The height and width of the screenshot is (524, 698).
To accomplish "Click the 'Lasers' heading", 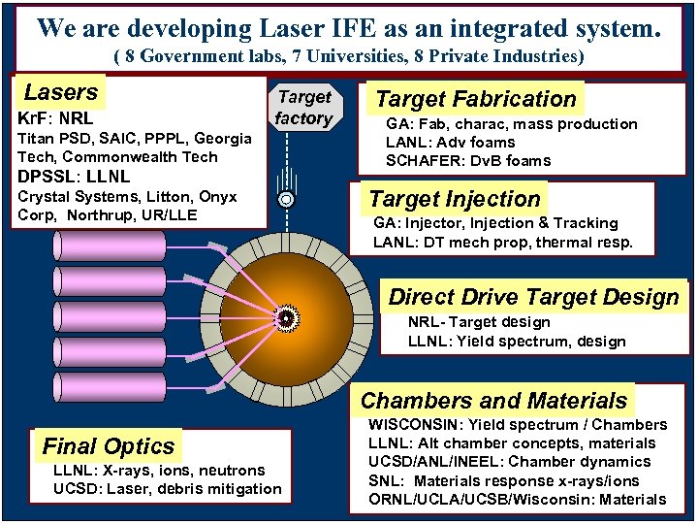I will (61, 93).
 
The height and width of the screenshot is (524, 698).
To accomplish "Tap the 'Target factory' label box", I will (303, 108).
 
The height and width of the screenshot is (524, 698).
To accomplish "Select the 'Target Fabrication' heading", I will (475, 99).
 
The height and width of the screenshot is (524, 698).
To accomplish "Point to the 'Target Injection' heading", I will (455, 199).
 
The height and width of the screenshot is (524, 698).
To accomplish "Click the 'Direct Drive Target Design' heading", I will (534, 297).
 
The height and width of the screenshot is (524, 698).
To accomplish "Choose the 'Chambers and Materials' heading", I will (493, 401).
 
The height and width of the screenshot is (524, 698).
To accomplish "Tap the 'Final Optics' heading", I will (109, 446).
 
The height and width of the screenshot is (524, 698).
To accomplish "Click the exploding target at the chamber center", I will (286, 317).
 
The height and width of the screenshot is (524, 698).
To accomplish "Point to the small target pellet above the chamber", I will (286, 200).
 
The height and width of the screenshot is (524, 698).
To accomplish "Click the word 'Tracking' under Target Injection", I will (587, 223).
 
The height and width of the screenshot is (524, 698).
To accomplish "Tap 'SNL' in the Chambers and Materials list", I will (385, 480).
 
